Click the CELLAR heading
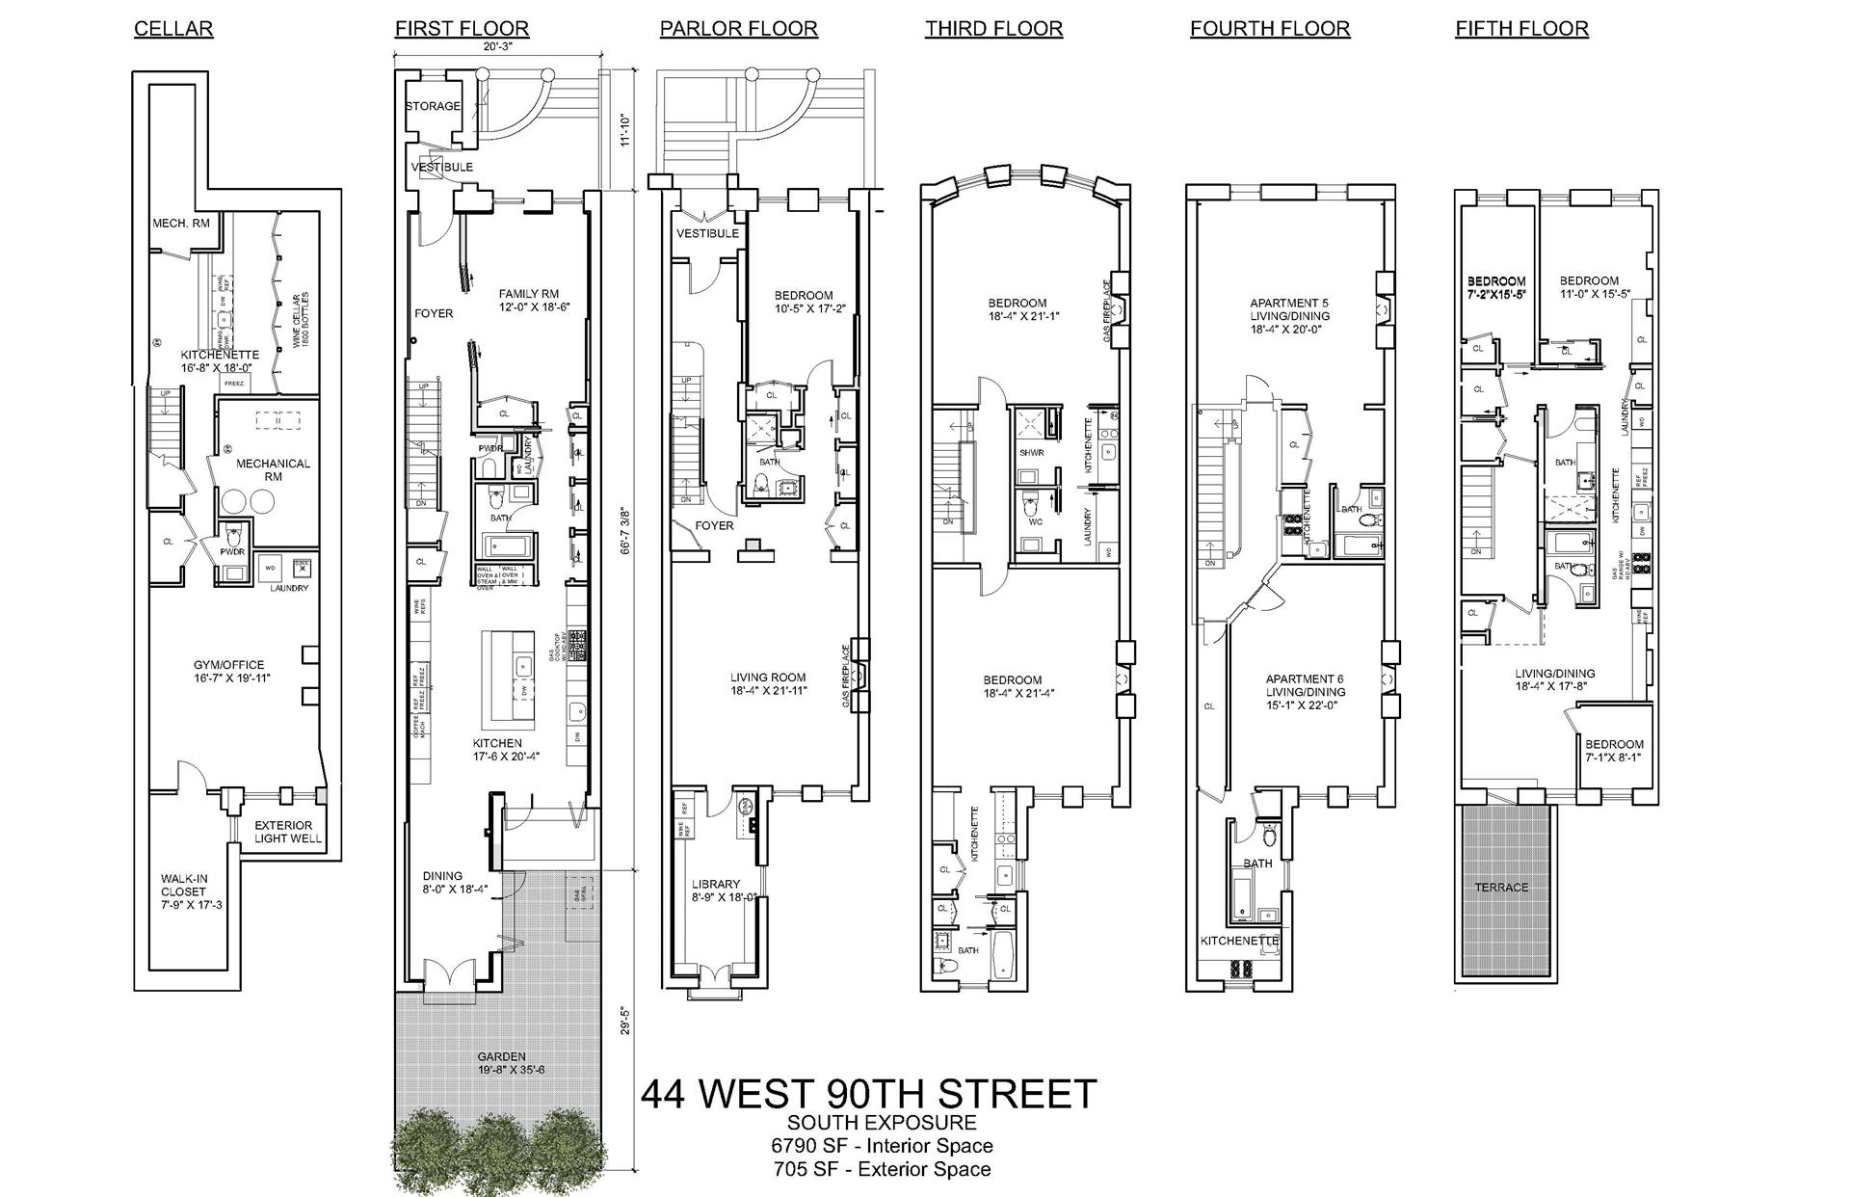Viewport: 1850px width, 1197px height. coord(173,29)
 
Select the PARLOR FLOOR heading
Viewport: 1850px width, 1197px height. coord(738,29)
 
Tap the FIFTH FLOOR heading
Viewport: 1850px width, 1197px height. coord(1521,29)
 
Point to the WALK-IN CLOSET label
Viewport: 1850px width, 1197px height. coord(183,891)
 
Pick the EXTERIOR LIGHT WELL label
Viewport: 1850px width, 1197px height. coord(283,832)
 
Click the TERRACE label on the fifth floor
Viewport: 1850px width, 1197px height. coord(1501,887)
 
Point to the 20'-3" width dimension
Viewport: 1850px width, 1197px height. coord(497,45)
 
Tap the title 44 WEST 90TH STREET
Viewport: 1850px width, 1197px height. coord(868,1094)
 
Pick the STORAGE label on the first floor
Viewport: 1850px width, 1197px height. coord(433,106)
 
